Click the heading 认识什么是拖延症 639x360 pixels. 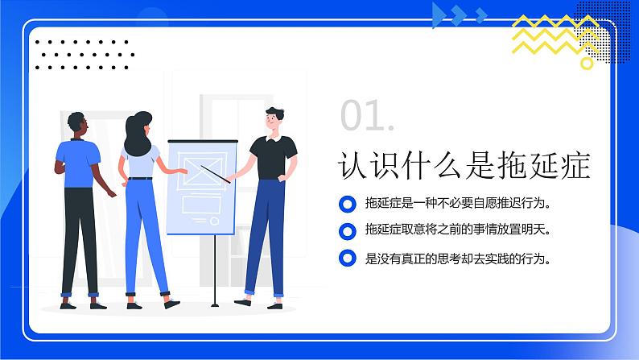tap(465, 166)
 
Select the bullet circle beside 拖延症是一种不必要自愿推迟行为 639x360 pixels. tap(347, 203)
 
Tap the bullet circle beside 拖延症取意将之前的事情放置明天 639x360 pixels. tap(347, 231)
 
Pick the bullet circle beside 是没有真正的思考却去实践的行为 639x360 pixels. tap(347, 259)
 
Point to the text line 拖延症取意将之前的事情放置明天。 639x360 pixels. tap(458, 230)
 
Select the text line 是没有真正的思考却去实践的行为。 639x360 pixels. tap(458, 259)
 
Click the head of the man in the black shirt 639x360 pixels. tap(274, 119)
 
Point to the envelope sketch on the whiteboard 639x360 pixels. tap(196, 168)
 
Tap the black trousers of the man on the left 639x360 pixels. tap(80, 234)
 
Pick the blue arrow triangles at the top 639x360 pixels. tap(460, 13)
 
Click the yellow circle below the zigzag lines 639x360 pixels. tap(587, 62)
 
